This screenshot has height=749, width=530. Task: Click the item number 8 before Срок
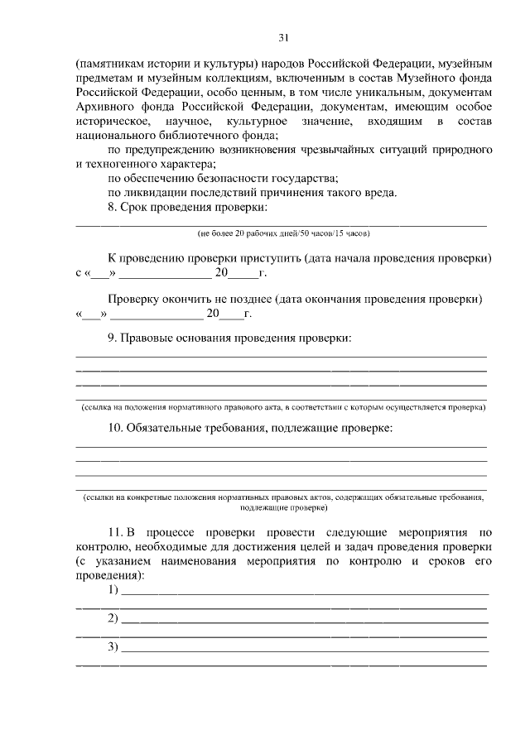point(113,208)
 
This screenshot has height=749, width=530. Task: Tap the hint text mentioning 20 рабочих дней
point(282,234)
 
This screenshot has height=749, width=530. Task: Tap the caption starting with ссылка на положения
point(282,407)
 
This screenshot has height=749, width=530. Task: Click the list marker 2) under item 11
point(113,618)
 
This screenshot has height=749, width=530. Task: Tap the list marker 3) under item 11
point(113,646)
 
